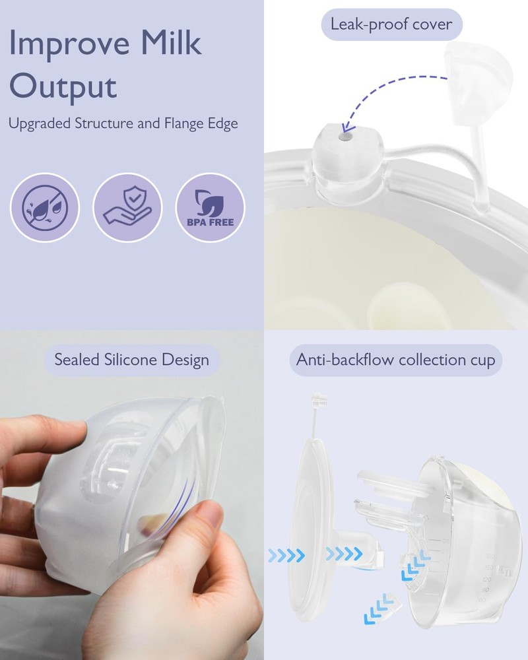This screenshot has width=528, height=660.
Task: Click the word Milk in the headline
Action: pos(170,42)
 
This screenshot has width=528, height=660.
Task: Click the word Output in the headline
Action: pos(63,87)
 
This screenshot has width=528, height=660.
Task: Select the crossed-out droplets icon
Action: pos(45,207)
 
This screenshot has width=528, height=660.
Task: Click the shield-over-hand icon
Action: pos(127,207)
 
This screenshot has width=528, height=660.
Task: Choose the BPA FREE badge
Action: pos(210,207)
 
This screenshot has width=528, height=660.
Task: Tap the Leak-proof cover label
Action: pos(391,24)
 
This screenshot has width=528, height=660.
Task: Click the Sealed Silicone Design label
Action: pos(132,360)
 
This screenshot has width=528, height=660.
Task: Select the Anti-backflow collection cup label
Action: pos(396,360)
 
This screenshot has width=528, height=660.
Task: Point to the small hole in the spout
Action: pos(346,137)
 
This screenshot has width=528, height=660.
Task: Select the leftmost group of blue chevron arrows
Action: pos(286,556)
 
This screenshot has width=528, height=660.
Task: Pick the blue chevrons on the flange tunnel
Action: pos(344,554)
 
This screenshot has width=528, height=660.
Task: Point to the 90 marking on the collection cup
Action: pos(486,590)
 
